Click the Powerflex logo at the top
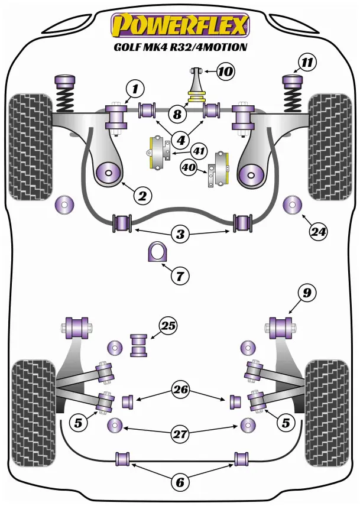point(180,25)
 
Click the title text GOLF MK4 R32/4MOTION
point(180,47)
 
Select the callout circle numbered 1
point(135,89)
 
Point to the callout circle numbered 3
point(180,235)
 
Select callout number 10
point(225,72)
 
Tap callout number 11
point(307,61)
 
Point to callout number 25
point(168,326)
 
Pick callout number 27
point(181,434)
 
